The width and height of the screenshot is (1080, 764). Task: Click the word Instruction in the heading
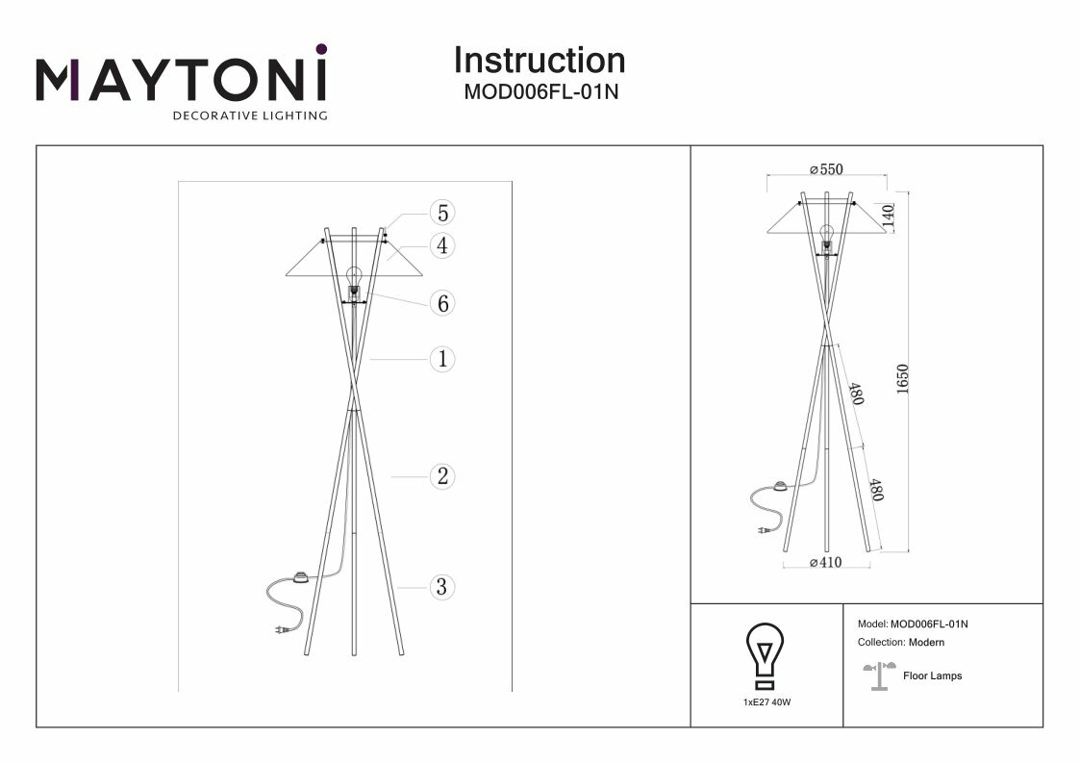click(x=539, y=61)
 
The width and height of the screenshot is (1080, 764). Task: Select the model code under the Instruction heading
click(x=539, y=93)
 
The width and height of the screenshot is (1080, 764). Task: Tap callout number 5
click(x=441, y=213)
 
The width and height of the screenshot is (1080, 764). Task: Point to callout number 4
click(x=441, y=246)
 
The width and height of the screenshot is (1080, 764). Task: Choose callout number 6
click(x=441, y=304)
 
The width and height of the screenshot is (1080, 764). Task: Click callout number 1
click(x=441, y=360)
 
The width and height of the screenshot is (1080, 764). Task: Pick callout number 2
click(x=441, y=475)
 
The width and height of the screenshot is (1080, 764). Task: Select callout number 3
click(x=441, y=586)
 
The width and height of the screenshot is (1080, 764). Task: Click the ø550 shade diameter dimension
click(x=826, y=169)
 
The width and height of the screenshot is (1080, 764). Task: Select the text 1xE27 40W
click(x=766, y=703)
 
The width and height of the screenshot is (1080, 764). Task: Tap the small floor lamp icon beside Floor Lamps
click(x=879, y=676)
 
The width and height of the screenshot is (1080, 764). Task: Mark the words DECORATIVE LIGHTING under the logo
click(x=249, y=116)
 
